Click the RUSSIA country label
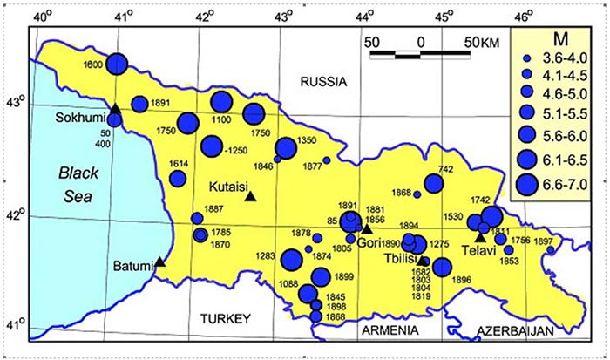pos(322,82)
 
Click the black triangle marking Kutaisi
pos(251,197)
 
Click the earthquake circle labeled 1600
pos(118,64)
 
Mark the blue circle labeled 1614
pos(178,179)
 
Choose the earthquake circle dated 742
pos(434,184)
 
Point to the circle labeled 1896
pos(442,268)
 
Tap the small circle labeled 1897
pos(550,251)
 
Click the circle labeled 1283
pos(292,259)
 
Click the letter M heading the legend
pos(558,37)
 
